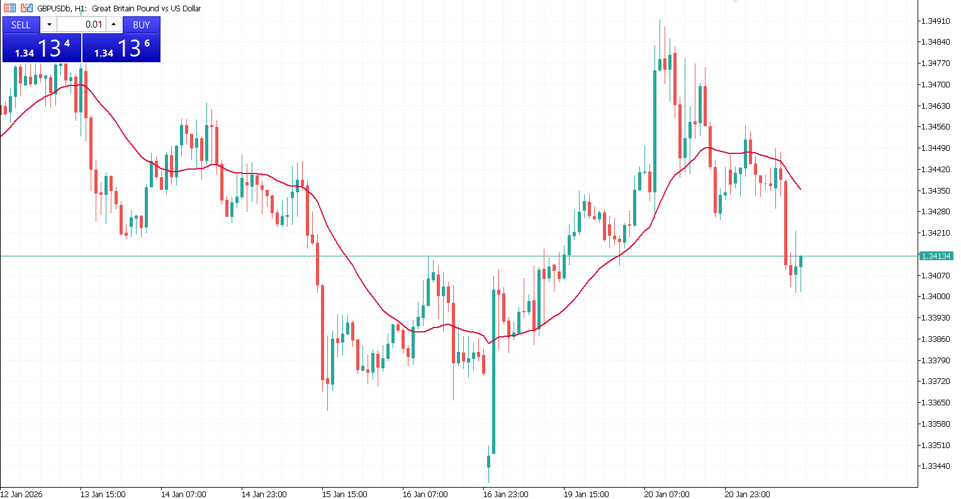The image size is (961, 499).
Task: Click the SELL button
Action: coord(21,25)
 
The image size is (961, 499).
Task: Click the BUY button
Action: coord(142,25)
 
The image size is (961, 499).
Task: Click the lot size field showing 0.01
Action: coord(82,25)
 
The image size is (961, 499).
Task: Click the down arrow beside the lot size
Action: coord(49,25)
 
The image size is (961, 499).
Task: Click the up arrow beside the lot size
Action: coord(114,25)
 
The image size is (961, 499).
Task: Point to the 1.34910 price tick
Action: coord(935,21)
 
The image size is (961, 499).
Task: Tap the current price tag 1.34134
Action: coord(936,256)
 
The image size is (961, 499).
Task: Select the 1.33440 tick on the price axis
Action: coord(935,466)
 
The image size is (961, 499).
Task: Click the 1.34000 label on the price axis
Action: coord(935,296)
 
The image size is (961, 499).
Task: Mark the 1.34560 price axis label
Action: coord(935,126)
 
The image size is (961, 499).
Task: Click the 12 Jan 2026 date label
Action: coord(21,494)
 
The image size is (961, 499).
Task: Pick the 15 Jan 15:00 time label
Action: coord(344,494)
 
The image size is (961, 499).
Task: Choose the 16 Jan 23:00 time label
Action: coord(505,494)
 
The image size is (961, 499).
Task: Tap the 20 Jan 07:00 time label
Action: coord(666,494)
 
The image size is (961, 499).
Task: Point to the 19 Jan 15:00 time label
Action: coord(586,494)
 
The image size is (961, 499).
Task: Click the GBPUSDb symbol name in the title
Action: coord(53,8)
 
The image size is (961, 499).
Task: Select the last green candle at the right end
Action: coord(801,261)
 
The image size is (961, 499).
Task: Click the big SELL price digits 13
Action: coord(49,48)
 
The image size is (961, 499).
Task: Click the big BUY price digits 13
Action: coord(129,48)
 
